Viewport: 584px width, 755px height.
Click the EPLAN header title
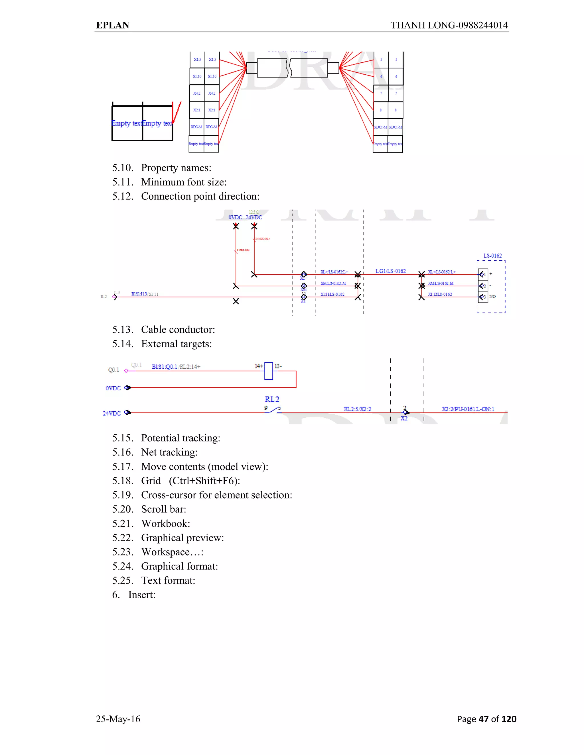112,25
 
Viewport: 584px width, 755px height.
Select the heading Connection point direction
200,196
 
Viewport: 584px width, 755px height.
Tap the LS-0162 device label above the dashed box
492,256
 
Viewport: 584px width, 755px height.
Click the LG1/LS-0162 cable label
391,271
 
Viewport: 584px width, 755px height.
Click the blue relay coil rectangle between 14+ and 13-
268,371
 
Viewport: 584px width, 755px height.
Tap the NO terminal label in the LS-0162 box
492,297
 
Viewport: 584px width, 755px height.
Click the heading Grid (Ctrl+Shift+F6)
190,481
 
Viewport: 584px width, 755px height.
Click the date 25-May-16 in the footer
118,719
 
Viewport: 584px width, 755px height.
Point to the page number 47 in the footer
483,719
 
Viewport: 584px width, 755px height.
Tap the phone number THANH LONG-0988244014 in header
449,25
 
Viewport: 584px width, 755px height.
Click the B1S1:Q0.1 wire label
164,367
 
